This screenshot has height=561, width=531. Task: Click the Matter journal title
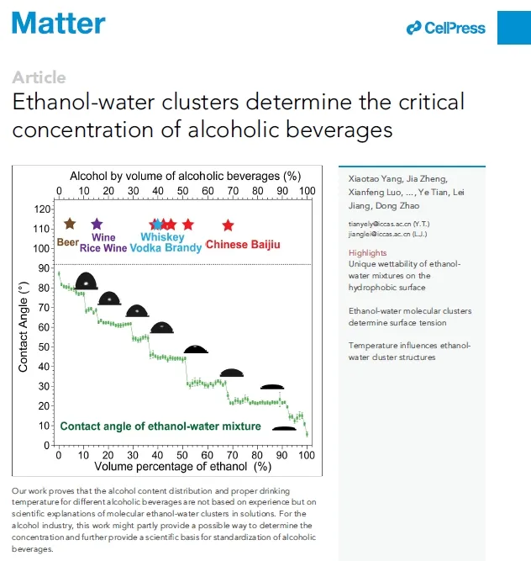59,23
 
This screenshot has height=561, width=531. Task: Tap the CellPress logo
445,28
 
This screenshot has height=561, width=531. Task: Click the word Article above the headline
39,77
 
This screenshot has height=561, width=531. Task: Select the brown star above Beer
69,224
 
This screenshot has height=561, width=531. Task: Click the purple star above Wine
97,224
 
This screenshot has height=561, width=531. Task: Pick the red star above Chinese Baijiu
228,225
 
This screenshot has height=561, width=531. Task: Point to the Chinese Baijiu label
243,245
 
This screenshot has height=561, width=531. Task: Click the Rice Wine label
103,248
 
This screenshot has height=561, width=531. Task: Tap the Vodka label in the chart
146,248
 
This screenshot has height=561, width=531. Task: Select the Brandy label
183,248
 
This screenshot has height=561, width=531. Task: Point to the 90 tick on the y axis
44,268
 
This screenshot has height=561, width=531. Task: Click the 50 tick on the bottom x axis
182,455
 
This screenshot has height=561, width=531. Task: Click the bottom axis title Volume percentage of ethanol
182,466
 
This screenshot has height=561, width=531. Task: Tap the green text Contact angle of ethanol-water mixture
160,426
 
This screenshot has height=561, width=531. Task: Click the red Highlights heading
367,252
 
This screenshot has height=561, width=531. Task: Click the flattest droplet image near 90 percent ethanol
284,428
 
